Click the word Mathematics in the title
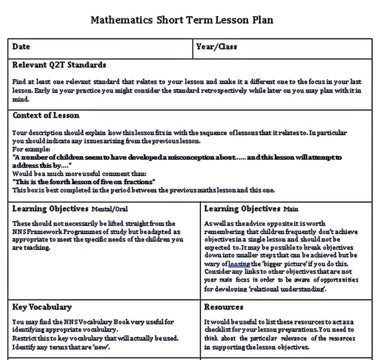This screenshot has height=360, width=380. (x=121, y=20)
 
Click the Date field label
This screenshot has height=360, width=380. (x=21, y=47)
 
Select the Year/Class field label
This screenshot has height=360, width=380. (x=216, y=47)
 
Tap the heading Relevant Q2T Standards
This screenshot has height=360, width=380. (x=59, y=65)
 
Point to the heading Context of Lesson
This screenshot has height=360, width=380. (x=46, y=115)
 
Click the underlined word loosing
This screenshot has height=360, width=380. (x=239, y=264)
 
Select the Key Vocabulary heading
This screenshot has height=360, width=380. (x=42, y=307)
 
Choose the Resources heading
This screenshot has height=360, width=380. (x=223, y=307)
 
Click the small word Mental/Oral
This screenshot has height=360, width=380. (x=109, y=209)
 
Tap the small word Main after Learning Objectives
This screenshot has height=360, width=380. (x=291, y=209)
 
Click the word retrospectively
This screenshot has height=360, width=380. (x=224, y=91)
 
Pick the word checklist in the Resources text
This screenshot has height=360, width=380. (x=217, y=330)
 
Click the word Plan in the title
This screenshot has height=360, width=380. (x=263, y=20)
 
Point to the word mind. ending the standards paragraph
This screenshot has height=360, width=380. (x=21, y=99)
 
